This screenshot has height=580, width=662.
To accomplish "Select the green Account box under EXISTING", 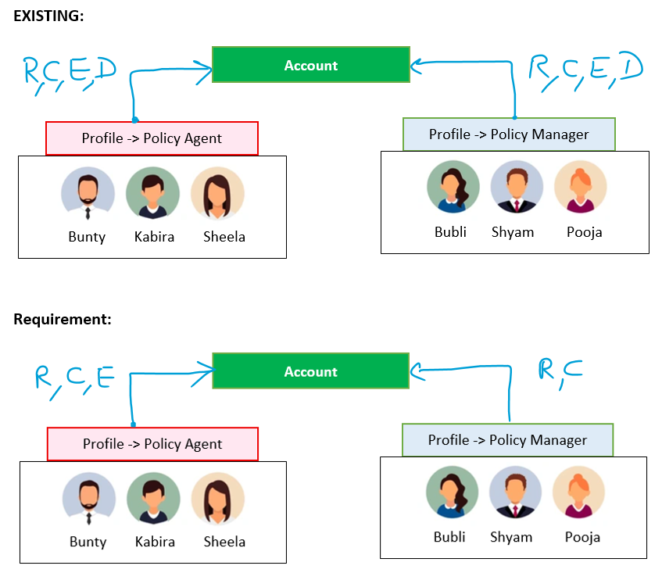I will click(311, 65).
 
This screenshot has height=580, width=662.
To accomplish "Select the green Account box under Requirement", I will click(311, 371).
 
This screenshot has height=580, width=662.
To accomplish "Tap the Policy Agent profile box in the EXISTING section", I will click(152, 138).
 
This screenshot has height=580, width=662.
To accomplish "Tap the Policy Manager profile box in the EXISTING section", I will click(509, 134).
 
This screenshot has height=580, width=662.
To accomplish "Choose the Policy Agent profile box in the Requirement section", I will click(152, 444).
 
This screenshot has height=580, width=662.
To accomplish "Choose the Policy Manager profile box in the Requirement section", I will click(507, 440).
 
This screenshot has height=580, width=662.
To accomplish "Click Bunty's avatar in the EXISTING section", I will click(88, 193).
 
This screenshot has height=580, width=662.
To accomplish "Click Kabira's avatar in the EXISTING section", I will click(153, 193).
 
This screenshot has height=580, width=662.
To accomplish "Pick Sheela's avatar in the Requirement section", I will click(218, 499).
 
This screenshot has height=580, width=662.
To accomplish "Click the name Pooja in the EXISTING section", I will click(585, 232).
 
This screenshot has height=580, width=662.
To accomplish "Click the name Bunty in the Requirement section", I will click(88, 542).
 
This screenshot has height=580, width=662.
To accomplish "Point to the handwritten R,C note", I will click(560, 371).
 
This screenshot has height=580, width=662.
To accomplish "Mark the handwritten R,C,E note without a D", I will click(74, 379).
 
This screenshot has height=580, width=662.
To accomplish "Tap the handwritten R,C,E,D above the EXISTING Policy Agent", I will click(70, 74).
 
